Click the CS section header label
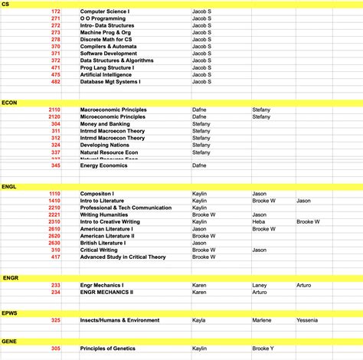click(x=6, y=4)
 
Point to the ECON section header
click(x=10, y=102)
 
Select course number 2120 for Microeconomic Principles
click(x=54, y=116)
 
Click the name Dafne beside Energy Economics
click(x=199, y=165)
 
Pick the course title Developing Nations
click(x=105, y=145)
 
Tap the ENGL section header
click(x=10, y=186)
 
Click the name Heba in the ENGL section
click(x=259, y=221)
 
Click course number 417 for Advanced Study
click(x=56, y=257)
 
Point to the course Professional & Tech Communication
click(x=124, y=208)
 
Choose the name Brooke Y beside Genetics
click(x=263, y=349)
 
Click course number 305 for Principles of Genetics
click(x=56, y=349)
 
